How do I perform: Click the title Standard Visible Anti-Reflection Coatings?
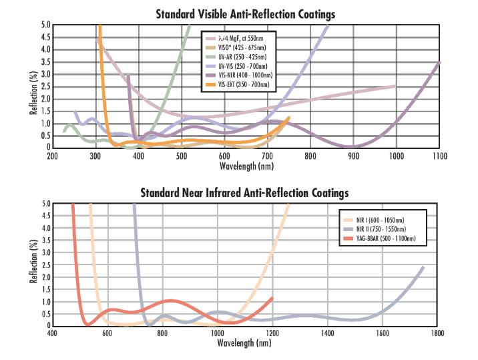point(245,14)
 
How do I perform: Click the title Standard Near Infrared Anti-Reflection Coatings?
point(244,193)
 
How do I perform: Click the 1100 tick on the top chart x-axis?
point(439,156)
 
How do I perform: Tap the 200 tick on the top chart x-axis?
point(52,156)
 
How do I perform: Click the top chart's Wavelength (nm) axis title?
point(245,164)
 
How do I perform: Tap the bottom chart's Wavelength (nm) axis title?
point(244,343)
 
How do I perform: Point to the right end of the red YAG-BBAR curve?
point(272,299)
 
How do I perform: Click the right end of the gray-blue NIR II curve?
point(423,267)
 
